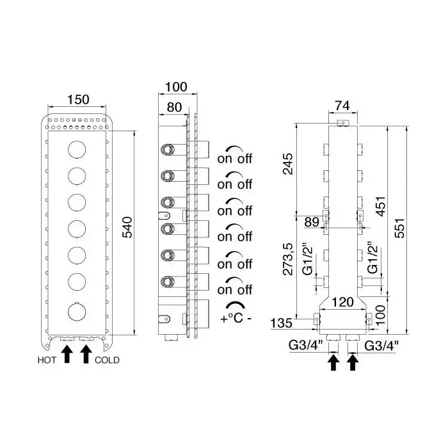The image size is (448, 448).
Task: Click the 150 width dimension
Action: coord(78,100)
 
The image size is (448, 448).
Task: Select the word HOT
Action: coord(47,360)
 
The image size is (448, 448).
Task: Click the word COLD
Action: coord(106,360)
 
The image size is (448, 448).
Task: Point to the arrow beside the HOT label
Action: coord(66,354)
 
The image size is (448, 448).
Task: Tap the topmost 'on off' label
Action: coord(235,157)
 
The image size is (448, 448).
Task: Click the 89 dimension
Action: coord(312,221)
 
